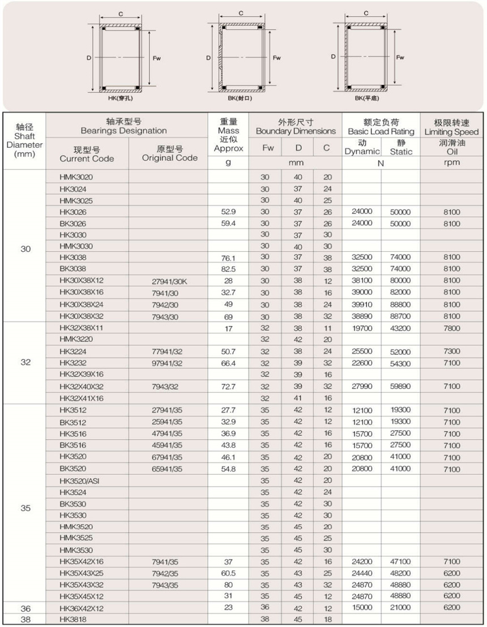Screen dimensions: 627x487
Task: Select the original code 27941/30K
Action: (x=169, y=281)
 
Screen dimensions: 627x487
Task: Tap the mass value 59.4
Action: (x=228, y=223)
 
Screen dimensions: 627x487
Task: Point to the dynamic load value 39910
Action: (x=362, y=304)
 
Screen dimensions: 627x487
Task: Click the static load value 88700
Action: (x=400, y=316)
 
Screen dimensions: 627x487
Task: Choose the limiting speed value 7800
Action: (x=452, y=328)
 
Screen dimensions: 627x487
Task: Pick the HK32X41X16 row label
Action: (x=82, y=398)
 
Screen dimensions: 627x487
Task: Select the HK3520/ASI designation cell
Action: (x=80, y=480)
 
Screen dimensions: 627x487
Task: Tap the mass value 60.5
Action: (x=228, y=573)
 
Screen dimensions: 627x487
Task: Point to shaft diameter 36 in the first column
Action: (x=25, y=608)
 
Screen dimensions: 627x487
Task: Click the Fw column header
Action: (x=268, y=148)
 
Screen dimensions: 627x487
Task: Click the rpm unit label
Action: (x=452, y=163)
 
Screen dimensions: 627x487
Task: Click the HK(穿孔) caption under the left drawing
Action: (x=120, y=98)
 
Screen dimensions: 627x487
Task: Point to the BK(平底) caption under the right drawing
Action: (x=366, y=98)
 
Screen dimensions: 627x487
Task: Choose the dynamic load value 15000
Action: (x=362, y=608)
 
